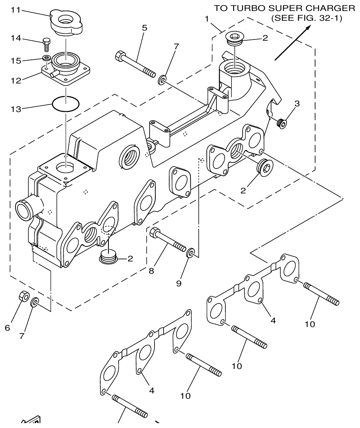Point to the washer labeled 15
pyautogui.click(x=46, y=58)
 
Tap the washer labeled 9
pyautogui.click(x=190, y=255)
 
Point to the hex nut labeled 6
pyautogui.click(x=24, y=297)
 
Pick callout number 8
pyautogui.click(x=151, y=270)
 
